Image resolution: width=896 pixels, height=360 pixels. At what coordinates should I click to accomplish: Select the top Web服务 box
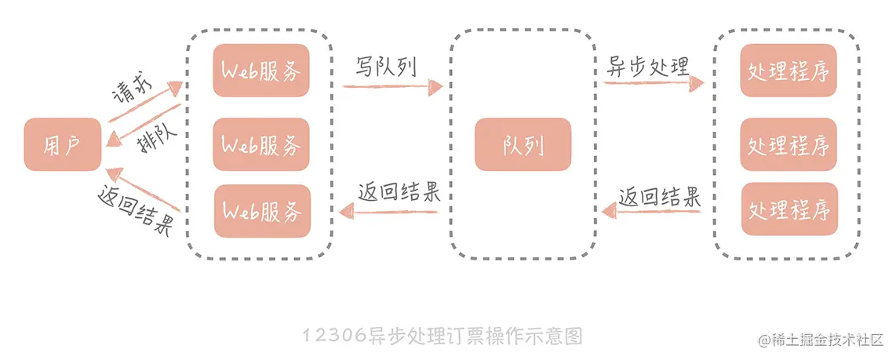pos(261,71)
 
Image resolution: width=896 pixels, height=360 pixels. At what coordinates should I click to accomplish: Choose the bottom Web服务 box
pos(261,211)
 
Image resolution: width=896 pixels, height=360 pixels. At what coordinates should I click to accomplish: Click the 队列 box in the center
pos(523,144)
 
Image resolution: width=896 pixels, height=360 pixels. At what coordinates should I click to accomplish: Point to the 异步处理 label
pos(648,66)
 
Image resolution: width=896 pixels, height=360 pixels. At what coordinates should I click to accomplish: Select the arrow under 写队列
pos(388,85)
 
